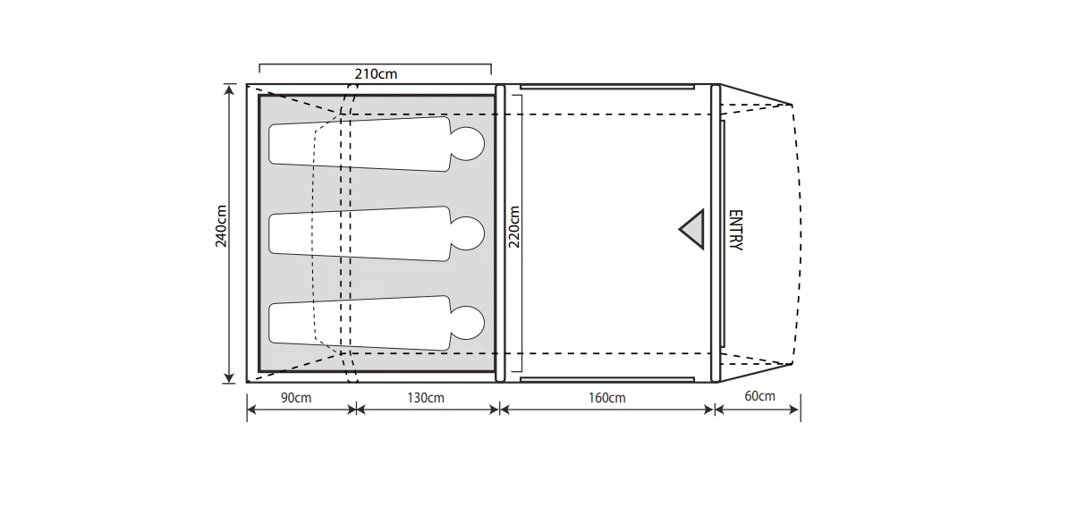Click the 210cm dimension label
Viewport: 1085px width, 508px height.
(376, 74)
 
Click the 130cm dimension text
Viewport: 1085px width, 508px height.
(426, 397)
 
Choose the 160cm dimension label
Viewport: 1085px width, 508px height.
(608, 397)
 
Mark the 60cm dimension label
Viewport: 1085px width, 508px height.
(759, 396)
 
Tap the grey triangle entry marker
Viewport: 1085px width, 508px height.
(691, 230)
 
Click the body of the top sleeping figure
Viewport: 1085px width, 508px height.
(358, 143)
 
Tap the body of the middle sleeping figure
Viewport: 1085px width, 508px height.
(358, 233)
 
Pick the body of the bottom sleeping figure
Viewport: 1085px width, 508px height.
(358, 323)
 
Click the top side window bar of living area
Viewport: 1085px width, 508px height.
(606, 87)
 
